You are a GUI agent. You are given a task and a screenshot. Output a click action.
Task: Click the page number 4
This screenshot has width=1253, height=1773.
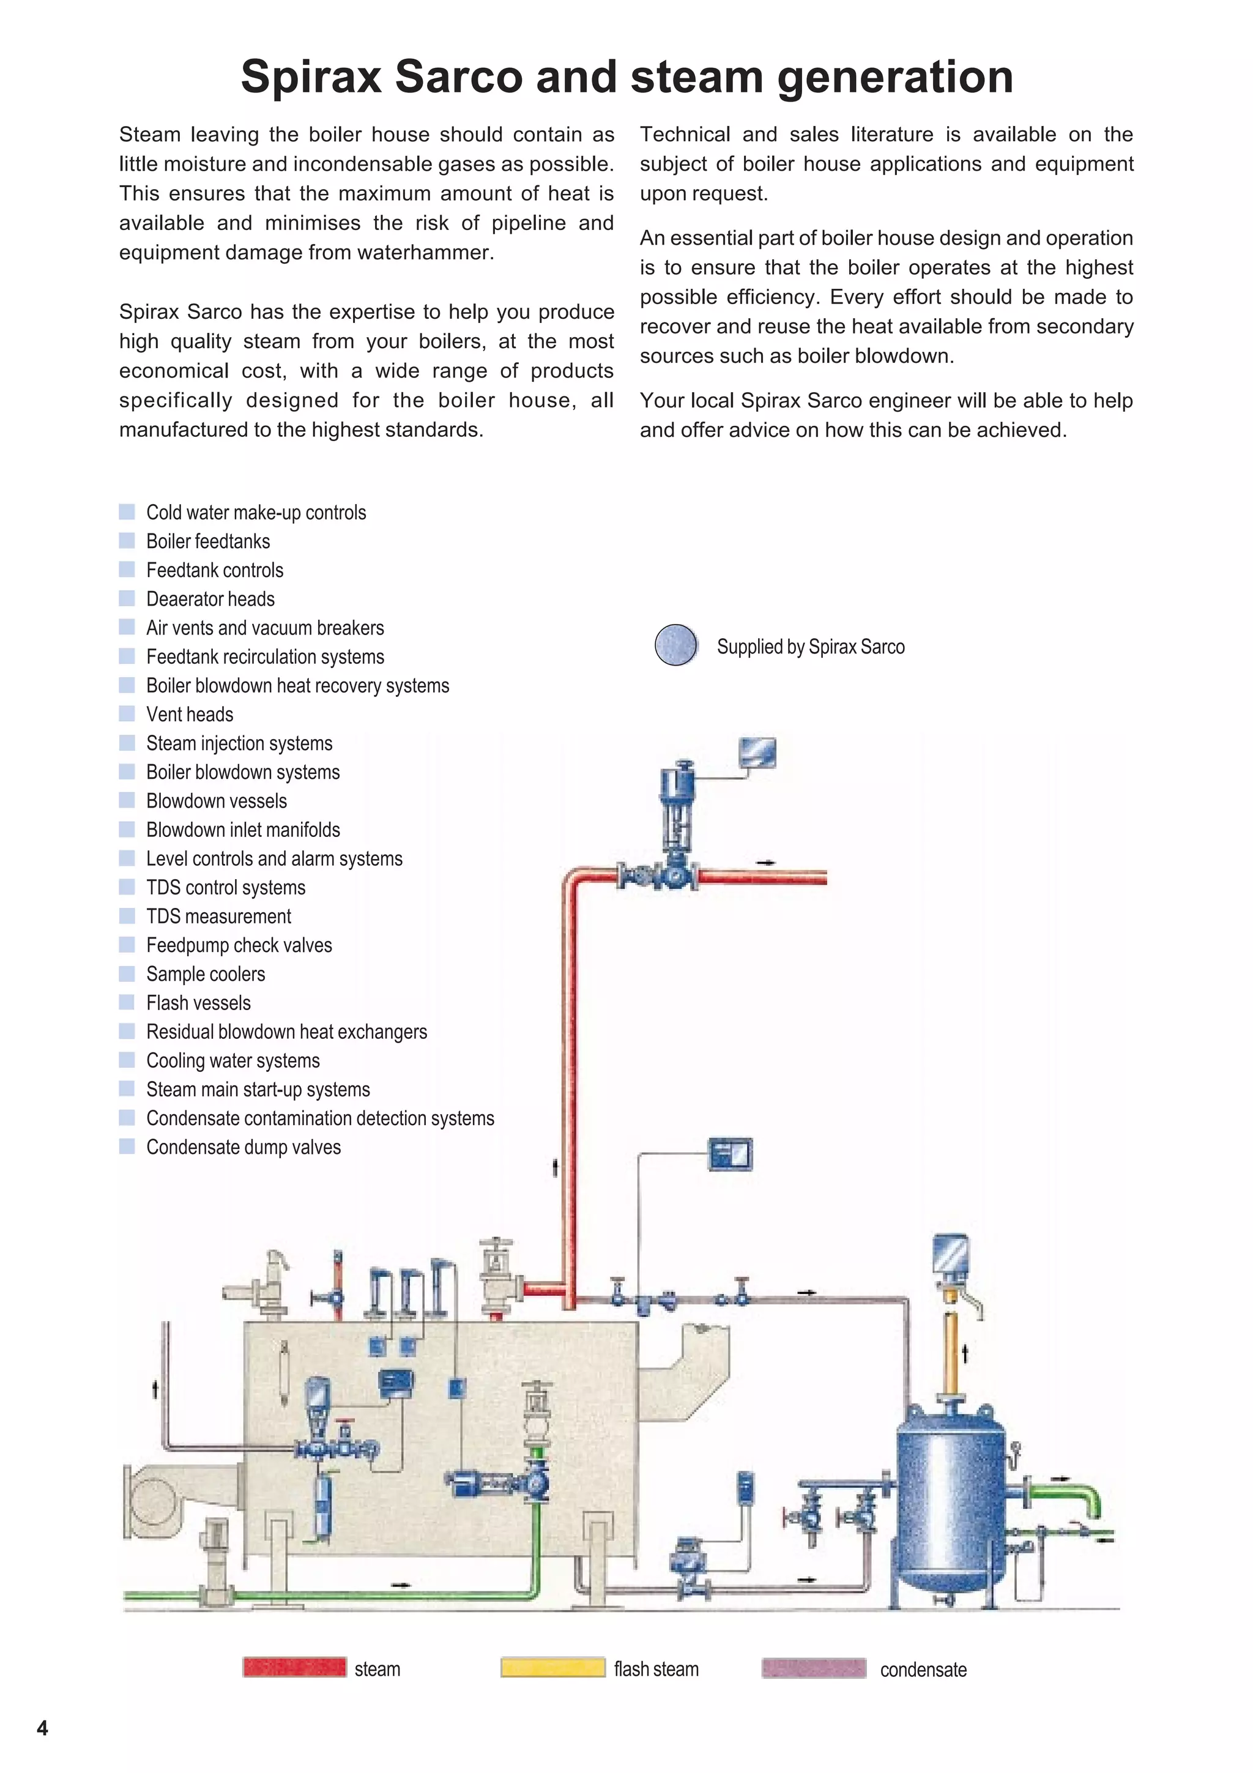tap(42, 1728)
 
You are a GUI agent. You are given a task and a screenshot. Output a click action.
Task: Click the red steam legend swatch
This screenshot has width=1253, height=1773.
tap(294, 1667)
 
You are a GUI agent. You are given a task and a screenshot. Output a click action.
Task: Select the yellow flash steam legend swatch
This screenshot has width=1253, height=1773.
tap(552, 1667)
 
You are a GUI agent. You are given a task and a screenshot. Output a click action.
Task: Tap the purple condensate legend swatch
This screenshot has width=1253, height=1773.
tap(813, 1668)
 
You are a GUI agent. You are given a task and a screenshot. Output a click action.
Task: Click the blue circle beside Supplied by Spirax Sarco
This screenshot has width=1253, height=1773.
tap(675, 645)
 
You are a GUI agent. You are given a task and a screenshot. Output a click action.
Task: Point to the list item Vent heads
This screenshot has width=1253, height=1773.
tap(189, 715)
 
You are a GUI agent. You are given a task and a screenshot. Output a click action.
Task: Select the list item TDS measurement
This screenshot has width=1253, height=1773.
tap(218, 916)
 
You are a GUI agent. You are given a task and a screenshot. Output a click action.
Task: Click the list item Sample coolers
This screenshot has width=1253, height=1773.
tap(206, 975)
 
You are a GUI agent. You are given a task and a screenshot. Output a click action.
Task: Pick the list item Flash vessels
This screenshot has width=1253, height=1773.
tap(198, 1003)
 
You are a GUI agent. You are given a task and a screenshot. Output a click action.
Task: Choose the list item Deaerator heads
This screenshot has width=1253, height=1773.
tap(210, 599)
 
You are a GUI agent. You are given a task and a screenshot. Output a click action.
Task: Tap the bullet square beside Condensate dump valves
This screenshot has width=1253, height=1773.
tap(127, 1147)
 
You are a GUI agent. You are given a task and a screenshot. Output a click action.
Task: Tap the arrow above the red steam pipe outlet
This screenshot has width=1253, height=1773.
tap(765, 863)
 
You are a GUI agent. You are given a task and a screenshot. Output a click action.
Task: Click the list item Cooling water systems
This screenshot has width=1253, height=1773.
tap(232, 1061)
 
